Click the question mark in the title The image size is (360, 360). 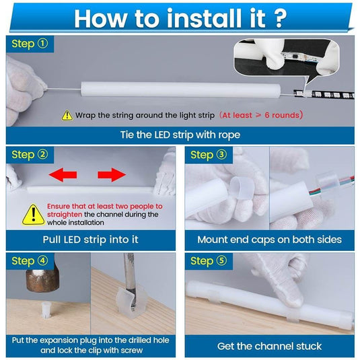click(280, 18)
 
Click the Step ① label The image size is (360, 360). click(30, 44)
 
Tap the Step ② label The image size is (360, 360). click(30, 155)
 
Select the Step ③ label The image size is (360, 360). click(209, 155)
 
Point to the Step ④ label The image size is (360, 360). click(30, 261)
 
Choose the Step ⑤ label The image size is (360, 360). click(209, 261)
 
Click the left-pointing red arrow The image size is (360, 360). click(63, 175)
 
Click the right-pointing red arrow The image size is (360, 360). click(112, 175)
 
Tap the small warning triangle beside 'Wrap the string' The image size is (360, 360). click(67, 116)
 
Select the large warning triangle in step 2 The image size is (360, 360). click(34, 215)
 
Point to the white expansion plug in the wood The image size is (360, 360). click(46, 310)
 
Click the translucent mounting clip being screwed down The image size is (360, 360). click(130, 302)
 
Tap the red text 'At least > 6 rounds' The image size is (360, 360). click(261, 115)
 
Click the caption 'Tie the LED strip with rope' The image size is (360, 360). click(180, 135)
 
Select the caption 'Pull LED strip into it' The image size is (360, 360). click(90, 240)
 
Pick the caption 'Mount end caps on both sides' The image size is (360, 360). click(270, 240)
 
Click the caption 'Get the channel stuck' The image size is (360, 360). click(270, 347)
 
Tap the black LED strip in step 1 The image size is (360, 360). click(324, 94)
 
